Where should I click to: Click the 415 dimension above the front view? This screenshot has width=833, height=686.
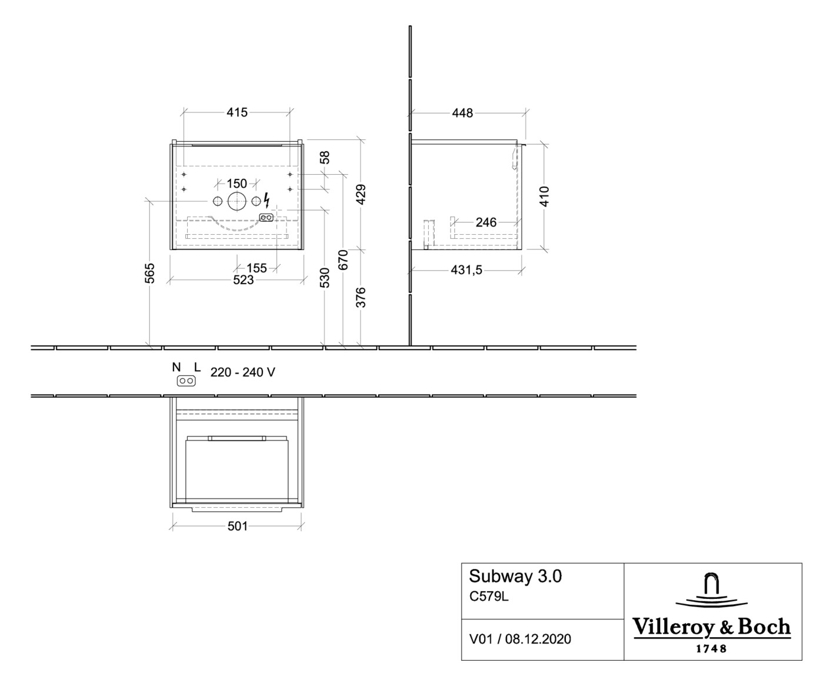237,112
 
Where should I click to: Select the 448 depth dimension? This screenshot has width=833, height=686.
462,114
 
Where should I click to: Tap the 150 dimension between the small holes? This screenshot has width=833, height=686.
237,184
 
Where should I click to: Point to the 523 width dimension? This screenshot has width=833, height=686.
244,280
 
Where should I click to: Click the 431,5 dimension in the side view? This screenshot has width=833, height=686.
467,270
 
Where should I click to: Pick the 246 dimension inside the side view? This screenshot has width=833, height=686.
486,222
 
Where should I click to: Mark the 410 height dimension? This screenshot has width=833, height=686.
545,197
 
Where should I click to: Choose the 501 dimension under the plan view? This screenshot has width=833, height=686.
238,527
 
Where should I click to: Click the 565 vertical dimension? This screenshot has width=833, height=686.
149,274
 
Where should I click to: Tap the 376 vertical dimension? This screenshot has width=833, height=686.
361,297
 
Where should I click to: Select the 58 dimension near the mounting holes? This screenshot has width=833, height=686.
325,157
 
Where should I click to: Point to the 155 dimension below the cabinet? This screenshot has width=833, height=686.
256,268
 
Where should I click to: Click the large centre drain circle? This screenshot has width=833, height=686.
237,202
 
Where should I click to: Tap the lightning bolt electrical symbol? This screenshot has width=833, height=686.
266,200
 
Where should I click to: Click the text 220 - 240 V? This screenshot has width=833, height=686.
243,372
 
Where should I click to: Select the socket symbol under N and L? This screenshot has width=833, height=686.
186,381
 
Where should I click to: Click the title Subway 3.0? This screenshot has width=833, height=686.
515,576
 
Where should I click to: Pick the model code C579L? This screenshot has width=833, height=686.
489,597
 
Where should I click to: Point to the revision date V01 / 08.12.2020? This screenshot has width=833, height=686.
520,639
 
